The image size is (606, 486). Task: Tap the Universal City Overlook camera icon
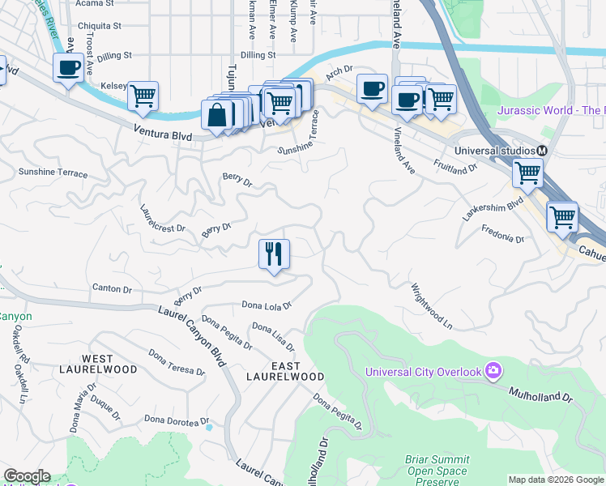click(x=493, y=372)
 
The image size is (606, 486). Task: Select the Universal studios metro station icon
click(x=542, y=151)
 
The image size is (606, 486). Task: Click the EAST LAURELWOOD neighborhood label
click(x=285, y=372)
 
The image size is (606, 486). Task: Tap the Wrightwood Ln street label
click(x=431, y=305)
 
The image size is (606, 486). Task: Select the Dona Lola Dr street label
click(x=267, y=305)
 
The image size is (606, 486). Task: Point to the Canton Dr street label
click(x=112, y=288)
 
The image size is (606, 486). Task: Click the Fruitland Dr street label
click(x=455, y=168)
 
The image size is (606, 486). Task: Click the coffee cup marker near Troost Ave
click(x=68, y=67)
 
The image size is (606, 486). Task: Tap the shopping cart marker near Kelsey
click(x=143, y=96)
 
